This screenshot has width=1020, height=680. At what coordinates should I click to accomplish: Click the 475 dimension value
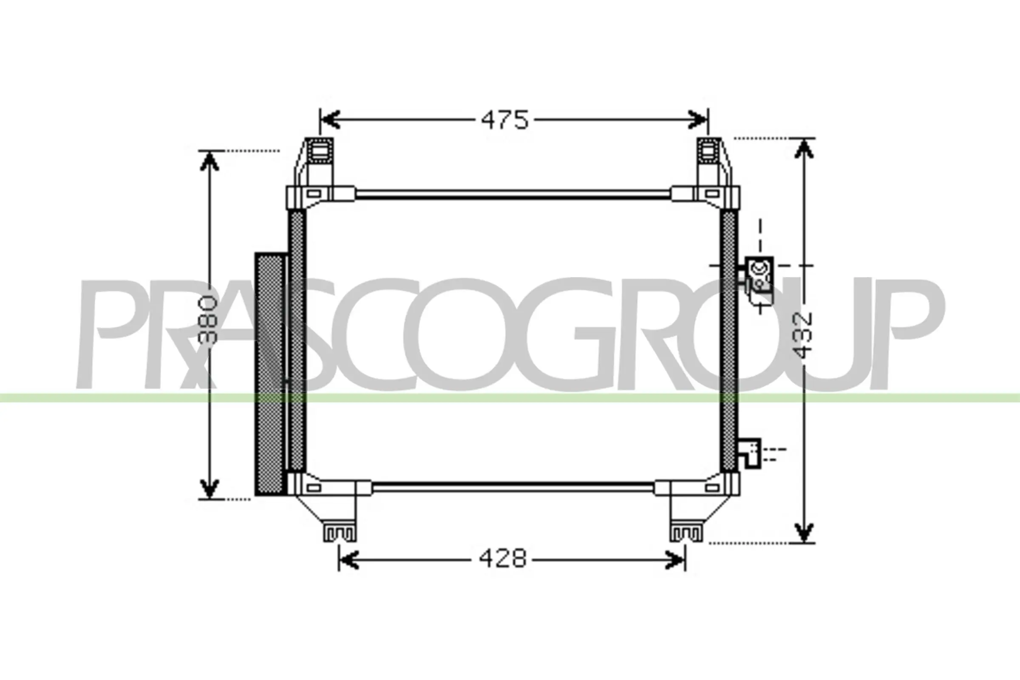click(x=505, y=120)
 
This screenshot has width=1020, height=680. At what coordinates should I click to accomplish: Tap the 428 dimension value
click(x=503, y=558)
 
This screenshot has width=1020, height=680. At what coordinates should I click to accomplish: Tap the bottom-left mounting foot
click(x=339, y=532)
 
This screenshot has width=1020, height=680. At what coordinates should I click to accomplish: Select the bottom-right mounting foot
click(x=686, y=532)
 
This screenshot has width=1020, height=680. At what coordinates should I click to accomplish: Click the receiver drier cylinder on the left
click(x=270, y=374)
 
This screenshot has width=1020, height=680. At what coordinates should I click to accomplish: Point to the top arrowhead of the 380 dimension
click(x=210, y=161)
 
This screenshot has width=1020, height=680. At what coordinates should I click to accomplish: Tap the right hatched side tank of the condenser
click(x=728, y=340)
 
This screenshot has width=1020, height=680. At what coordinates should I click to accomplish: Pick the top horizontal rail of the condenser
click(x=513, y=194)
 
